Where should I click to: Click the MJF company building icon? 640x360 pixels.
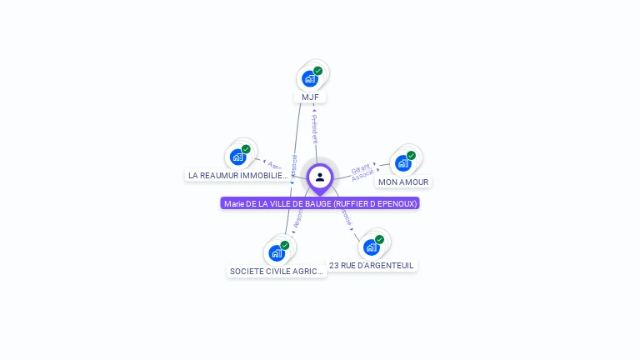point(310,79)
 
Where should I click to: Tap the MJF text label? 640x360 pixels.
point(310,97)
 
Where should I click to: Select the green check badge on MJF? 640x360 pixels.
point(318,71)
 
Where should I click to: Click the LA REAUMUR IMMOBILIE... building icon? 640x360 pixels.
point(238,157)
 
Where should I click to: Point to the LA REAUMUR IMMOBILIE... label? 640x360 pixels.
point(238,176)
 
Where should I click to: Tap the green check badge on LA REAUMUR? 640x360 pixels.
point(246,149)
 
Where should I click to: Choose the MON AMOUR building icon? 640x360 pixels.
point(403,163)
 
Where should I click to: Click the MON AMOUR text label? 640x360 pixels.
point(403,182)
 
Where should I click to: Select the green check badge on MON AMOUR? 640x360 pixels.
point(411,155)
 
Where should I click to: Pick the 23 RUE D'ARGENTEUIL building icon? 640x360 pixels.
point(372,247)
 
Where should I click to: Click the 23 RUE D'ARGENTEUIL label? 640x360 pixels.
point(372,266)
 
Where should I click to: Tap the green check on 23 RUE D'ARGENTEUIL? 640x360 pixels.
point(379,239)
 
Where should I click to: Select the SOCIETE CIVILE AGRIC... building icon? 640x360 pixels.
point(277,253)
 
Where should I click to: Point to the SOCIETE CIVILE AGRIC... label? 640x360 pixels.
point(277,272)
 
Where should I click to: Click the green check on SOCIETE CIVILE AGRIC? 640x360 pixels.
point(285,245)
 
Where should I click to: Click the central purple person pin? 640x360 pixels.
point(320,177)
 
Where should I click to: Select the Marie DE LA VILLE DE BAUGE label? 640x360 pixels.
point(320,203)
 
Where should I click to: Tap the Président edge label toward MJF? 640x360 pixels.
point(314,128)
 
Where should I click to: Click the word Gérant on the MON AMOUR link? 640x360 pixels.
point(360,169)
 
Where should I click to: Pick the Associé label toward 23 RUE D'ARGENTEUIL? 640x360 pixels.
point(345,217)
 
